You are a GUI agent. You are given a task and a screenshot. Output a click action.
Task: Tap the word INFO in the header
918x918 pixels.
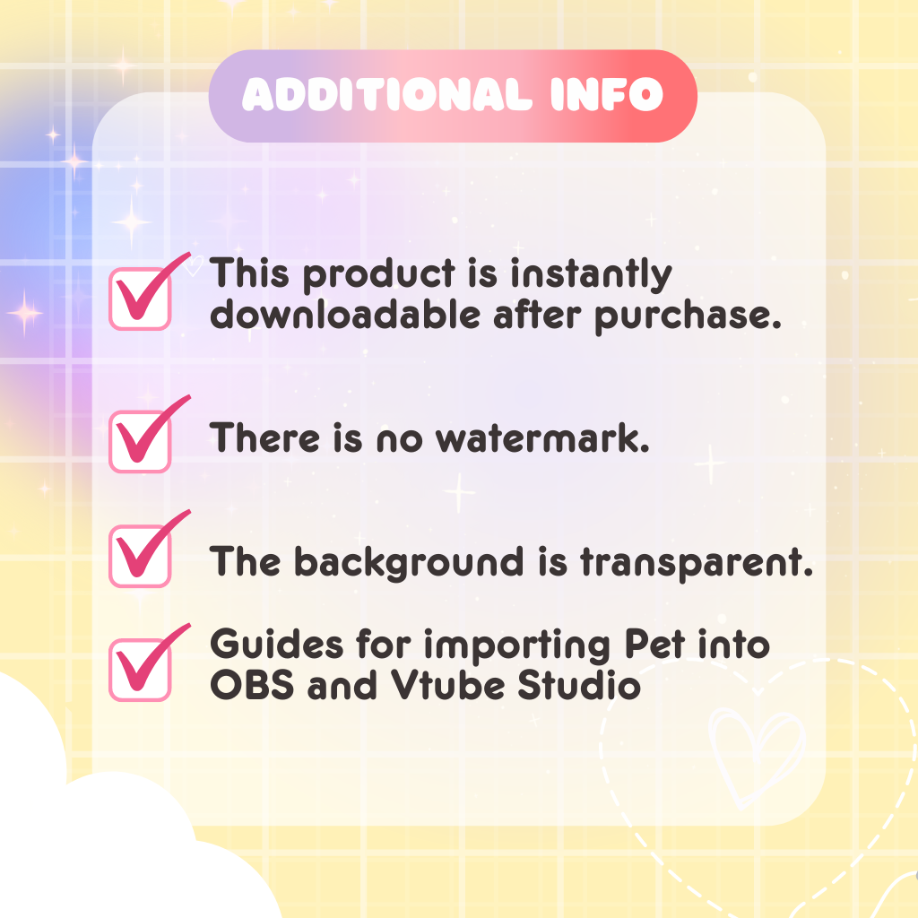[608, 95]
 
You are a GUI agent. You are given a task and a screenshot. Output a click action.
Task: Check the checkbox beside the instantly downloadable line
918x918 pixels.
[140, 299]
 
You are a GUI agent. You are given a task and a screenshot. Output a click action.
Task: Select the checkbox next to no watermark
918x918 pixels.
[140, 442]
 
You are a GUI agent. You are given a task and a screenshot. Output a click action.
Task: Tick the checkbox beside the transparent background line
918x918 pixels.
[140, 557]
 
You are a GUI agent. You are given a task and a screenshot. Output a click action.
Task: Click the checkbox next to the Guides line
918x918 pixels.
[140, 671]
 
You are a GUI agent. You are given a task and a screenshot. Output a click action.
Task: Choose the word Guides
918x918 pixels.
[266, 645]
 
